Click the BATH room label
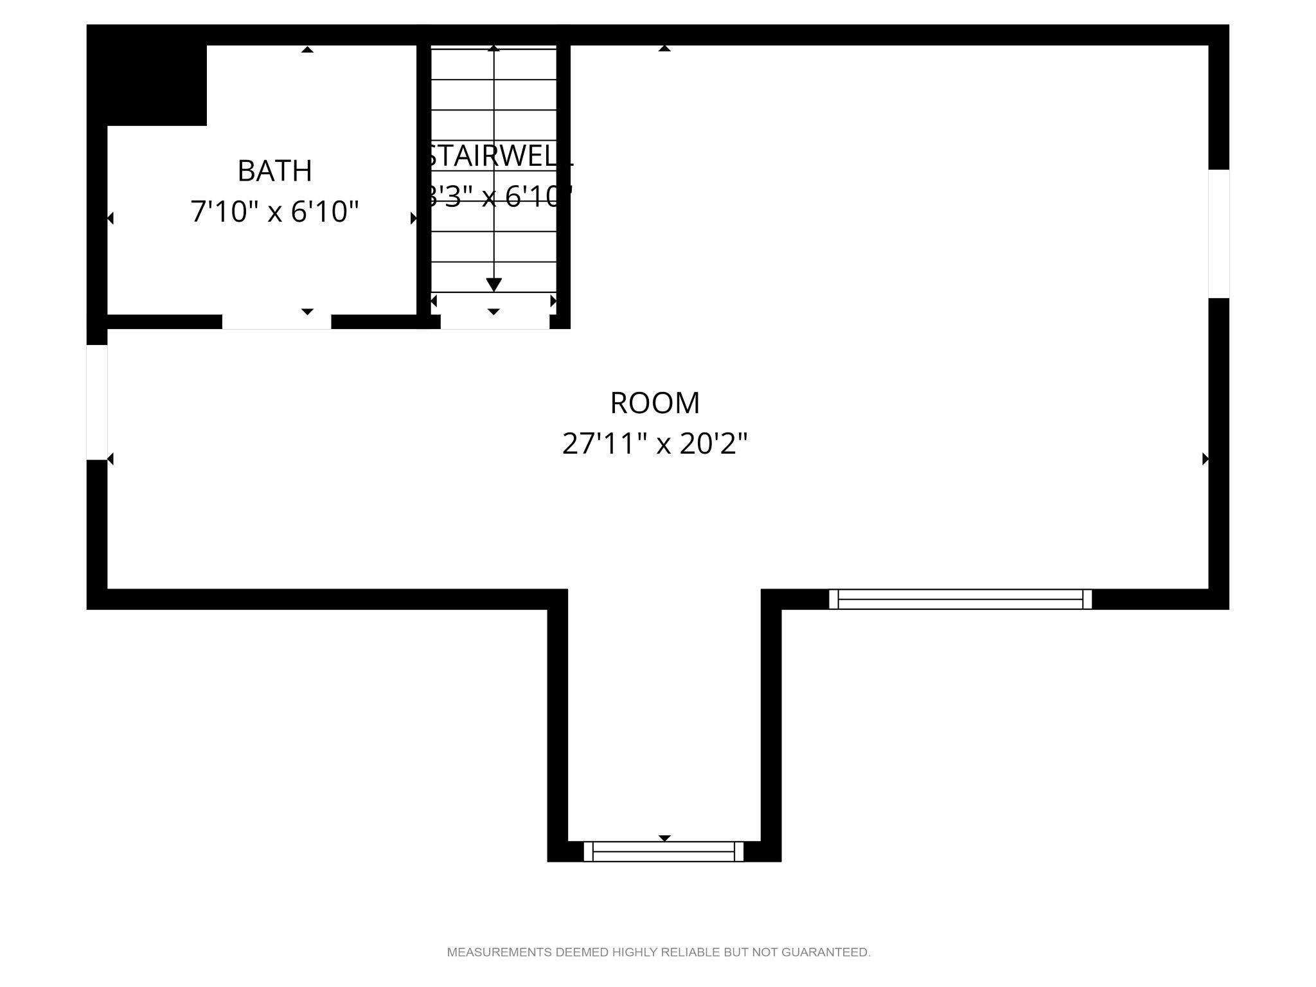274,171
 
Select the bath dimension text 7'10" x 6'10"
274,211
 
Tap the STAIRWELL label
497,157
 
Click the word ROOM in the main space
655,403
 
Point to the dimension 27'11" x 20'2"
655,443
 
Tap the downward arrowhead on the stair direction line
493,284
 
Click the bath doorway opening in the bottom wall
276,322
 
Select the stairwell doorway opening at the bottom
495,322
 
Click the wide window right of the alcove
960,599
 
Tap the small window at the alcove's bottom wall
663,851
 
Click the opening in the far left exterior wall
97,402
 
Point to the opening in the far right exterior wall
1218,233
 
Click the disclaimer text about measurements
659,952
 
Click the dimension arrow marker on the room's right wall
1205,459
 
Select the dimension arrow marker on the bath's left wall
111,218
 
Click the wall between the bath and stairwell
423,180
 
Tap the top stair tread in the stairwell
493,63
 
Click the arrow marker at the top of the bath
308,49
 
